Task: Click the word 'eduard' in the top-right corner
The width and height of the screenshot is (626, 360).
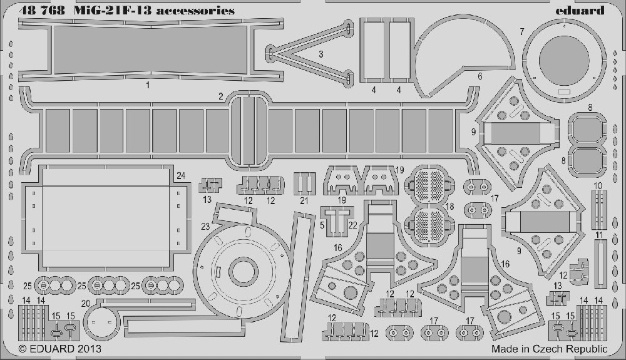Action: click(580, 10)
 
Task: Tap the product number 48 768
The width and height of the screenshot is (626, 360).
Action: click(41, 11)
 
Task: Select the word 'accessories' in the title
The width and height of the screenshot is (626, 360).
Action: click(195, 11)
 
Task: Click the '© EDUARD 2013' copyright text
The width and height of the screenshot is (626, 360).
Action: click(60, 349)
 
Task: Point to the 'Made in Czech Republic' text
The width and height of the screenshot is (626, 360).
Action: click(550, 349)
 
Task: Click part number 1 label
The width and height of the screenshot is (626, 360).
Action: click(148, 85)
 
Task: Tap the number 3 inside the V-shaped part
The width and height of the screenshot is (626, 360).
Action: click(321, 54)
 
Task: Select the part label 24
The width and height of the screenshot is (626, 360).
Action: click(181, 175)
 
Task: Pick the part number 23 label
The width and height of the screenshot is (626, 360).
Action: click(205, 227)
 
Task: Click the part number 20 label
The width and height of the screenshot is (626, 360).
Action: click(85, 304)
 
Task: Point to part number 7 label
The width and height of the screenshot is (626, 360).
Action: click(522, 31)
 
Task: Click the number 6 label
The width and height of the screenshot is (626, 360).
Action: click(480, 76)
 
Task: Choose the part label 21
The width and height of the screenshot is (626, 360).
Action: click(304, 201)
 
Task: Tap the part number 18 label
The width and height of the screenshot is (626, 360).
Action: click(450, 207)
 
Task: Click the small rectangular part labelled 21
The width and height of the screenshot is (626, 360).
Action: click(305, 183)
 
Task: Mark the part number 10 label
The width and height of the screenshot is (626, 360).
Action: click(598, 186)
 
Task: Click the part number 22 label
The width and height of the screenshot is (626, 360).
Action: click(352, 225)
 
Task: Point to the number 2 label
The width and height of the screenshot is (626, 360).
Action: click(221, 96)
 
